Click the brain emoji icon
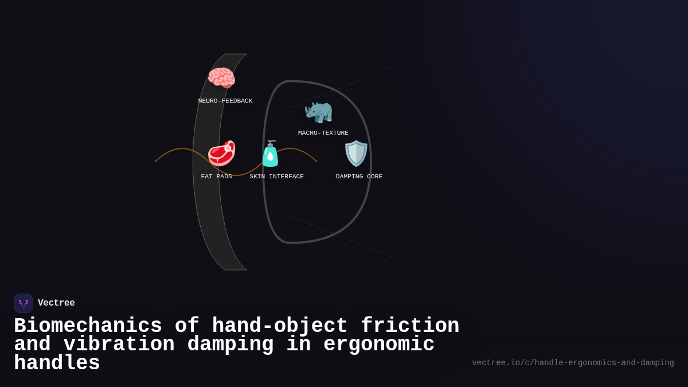tap(221, 78)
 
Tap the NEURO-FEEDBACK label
tap(225, 101)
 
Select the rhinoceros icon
tap(318, 111)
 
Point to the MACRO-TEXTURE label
tap(323, 133)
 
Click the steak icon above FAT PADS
tap(221, 153)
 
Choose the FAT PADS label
tap(217, 177)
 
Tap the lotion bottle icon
tap(270, 154)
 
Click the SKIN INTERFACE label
tap(276, 177)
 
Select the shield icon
tap(356, 153)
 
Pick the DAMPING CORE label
tap(359, 177)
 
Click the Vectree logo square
tap(24, 303)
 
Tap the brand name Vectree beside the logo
tap(56, 303)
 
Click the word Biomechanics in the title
tap(88, 326)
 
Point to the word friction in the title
tap(410, 326)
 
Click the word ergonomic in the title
tap(379, 345)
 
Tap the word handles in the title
tap(57, 363)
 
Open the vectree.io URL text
tap(573, 363)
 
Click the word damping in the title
tap(230, 345)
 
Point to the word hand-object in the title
tap(280, 326)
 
